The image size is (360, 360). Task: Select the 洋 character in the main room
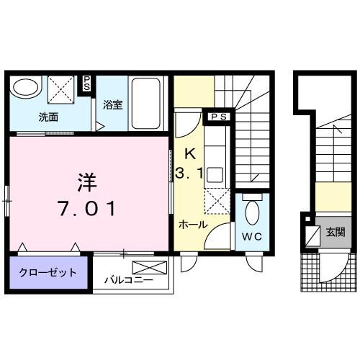87,178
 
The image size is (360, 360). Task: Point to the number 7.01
87,209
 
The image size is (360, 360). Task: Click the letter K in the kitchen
190,153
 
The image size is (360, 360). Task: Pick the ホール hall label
194,225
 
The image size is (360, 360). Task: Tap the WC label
253,235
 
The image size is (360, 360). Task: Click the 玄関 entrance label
335,232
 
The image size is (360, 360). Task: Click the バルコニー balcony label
127,279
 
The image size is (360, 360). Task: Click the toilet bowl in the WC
252,214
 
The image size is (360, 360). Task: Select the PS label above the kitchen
218,116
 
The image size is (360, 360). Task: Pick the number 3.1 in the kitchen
190,173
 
